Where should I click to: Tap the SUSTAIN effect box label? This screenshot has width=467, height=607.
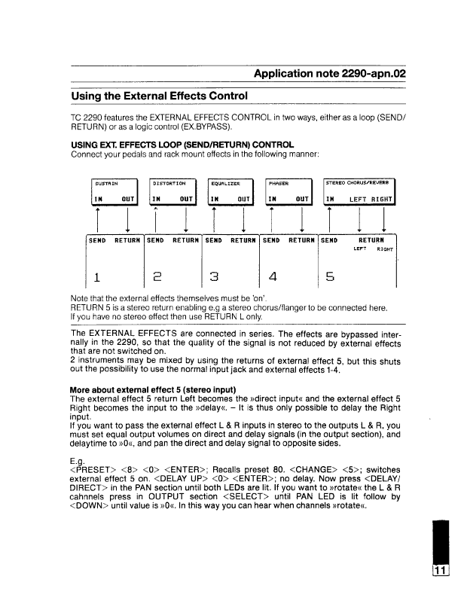[105, 182]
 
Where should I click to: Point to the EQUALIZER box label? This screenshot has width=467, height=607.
[225, 182]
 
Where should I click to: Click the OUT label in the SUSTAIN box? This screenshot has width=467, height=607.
[127, 199]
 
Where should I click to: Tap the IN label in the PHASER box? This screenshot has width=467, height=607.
[275, 199]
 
